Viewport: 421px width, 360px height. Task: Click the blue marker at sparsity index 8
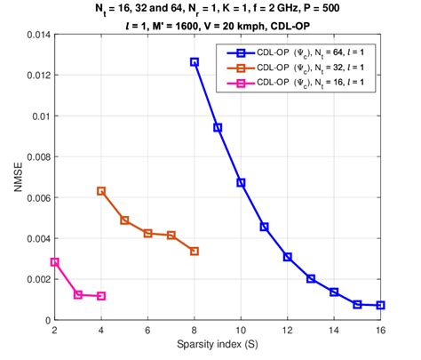coord(195,62)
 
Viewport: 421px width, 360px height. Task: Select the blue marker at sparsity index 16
coord(380,305)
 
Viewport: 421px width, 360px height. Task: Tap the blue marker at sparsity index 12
coord(288,257)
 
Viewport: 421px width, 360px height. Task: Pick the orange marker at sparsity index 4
coord(101,191)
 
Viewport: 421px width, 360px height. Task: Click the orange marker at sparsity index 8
coord(195,252)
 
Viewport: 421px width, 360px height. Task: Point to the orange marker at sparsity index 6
coord(147,233)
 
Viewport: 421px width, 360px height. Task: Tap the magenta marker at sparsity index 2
coord(55,262)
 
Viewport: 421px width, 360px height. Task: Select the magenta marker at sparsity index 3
coord(78,294)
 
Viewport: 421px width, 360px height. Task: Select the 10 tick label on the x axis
coord(241,332)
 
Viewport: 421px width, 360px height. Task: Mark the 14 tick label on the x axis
coord(334,332)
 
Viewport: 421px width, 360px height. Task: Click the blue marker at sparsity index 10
coord(241,182)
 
